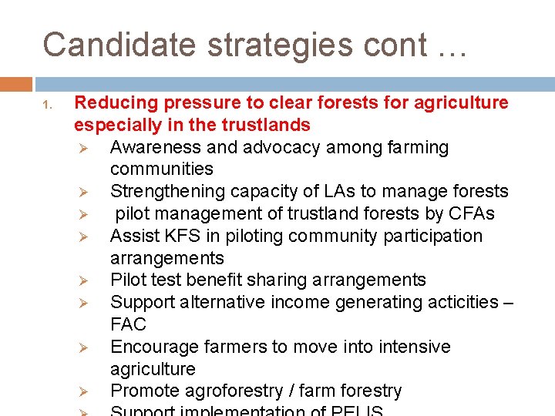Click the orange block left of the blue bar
[15, 84]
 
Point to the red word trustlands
[266, 125]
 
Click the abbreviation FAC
[128, 324]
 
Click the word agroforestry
[233, 391]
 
